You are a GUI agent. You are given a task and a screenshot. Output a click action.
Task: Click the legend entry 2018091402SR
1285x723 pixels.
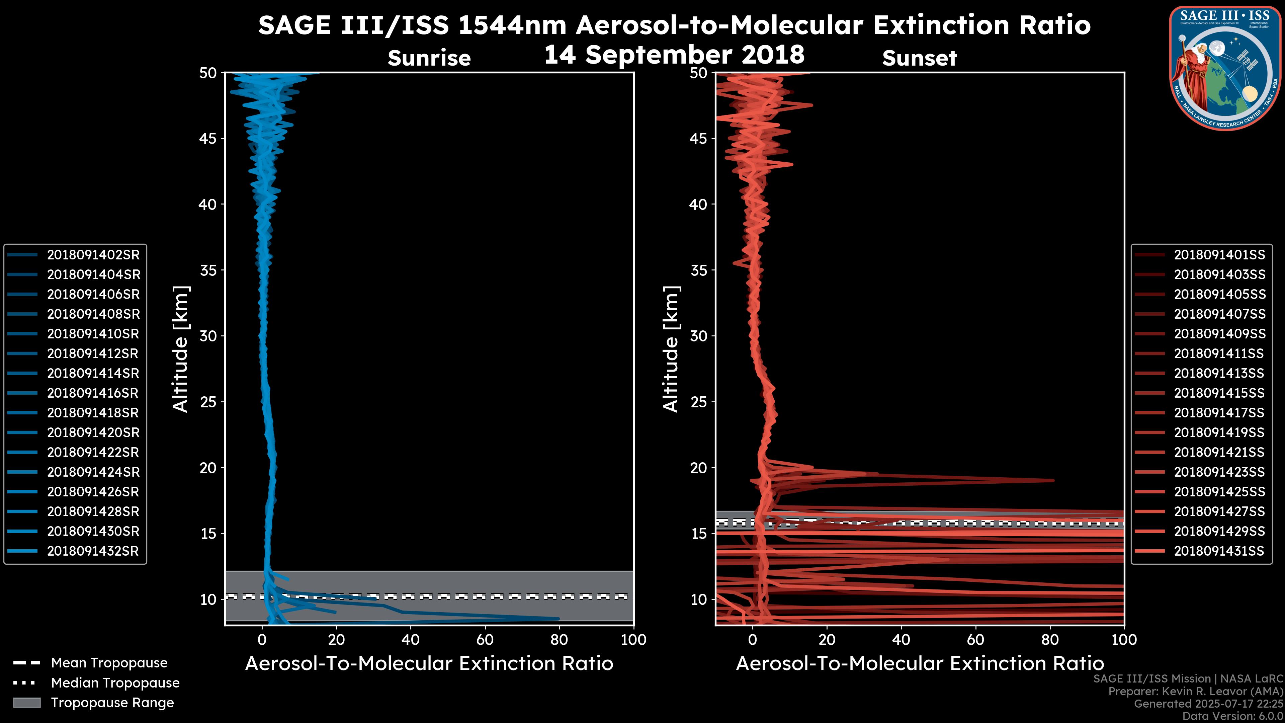point(93,255)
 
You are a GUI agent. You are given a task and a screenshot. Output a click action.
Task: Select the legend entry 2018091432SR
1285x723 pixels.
point(93,551)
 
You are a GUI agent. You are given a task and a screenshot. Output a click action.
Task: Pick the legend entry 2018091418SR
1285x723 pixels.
point(93,413)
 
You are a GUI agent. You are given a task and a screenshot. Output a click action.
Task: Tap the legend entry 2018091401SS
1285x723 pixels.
point(1219,255)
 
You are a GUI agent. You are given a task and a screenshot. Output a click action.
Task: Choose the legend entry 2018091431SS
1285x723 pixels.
point(1219,551)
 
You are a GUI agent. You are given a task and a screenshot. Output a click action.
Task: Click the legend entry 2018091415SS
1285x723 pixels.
point(1219,393)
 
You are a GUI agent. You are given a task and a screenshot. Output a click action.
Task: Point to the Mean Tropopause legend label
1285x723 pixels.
point(109,663)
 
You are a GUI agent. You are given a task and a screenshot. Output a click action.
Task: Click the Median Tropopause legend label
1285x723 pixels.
point(115,683)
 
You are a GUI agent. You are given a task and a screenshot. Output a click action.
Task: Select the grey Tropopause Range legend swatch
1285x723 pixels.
point(26,703)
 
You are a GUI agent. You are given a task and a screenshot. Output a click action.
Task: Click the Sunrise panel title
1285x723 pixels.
point(429,58)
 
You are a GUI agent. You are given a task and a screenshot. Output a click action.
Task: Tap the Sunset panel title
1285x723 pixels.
point(919,58)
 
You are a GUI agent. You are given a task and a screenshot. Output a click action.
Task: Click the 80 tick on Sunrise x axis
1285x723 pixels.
point(559,640)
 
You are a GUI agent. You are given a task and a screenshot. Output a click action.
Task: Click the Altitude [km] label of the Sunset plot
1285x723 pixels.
point(671,349)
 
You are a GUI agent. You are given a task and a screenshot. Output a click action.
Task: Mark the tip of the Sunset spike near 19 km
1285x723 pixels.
point(1053,481)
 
